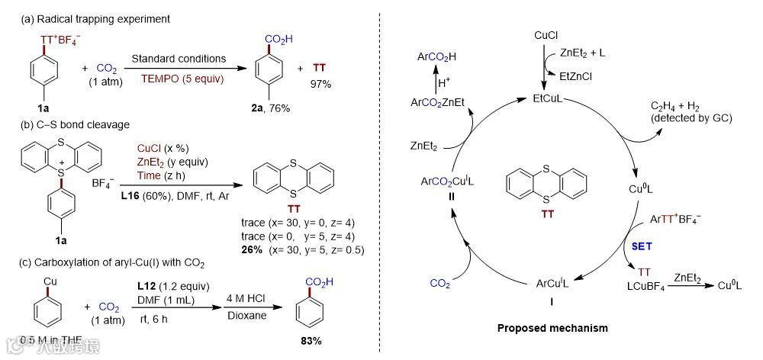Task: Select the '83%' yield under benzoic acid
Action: [x=306, y=340]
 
